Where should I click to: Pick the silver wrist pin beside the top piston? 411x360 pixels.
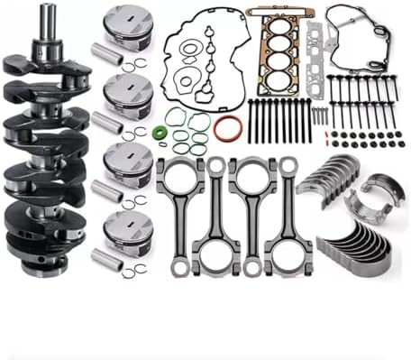107,53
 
